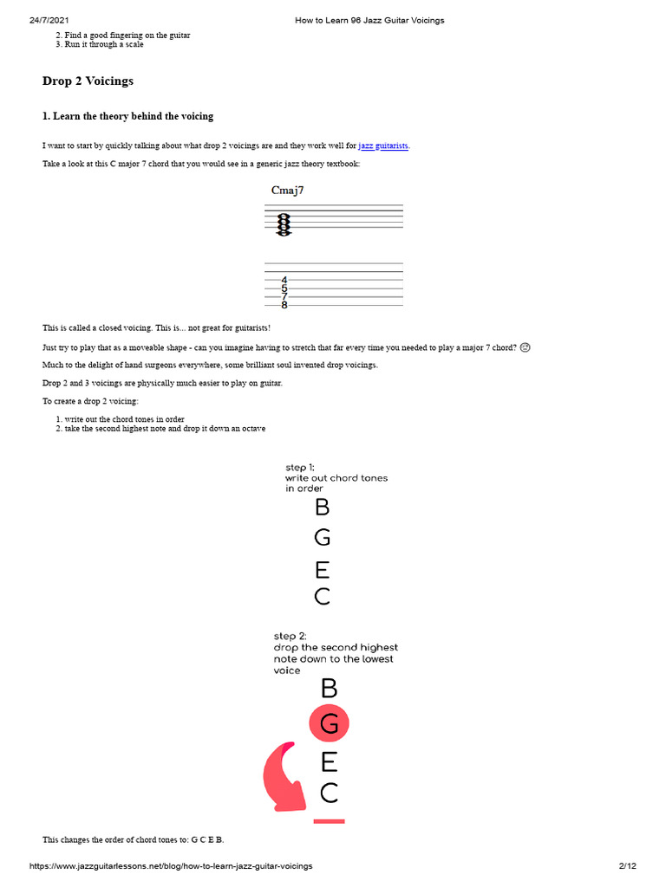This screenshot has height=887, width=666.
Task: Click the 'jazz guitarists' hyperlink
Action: coord(383,146)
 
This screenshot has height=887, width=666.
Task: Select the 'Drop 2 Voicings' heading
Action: coord(88,81)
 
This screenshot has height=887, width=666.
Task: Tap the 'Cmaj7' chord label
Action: coord(287,191)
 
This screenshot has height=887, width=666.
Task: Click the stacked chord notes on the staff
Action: coord(284,223)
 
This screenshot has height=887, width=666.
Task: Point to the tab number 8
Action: coord(284,305)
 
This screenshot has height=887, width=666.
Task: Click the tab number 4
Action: coord(284,280)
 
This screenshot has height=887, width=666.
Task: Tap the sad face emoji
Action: coord(526,347)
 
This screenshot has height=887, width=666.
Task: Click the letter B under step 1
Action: coord(322,508)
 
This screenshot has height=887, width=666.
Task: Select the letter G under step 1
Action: coord(322,538)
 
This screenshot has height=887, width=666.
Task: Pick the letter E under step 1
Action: coord(322,569)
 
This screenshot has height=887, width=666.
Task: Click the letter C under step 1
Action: coord(322,597)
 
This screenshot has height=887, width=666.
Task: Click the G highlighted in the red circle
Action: coord(329,723)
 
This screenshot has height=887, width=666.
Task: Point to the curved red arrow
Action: coord(284,775)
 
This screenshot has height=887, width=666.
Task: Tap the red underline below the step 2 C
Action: coord(329,820)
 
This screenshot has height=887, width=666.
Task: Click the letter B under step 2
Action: coord(329,689)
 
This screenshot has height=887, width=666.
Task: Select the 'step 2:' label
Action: coord(291,636)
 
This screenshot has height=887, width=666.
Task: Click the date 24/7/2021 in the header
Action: coord(49,20)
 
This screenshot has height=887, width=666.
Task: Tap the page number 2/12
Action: coord(627,866)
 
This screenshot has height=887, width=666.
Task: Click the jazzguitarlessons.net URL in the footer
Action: coord(171,866)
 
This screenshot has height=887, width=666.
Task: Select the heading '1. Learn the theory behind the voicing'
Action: coord(127,116)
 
